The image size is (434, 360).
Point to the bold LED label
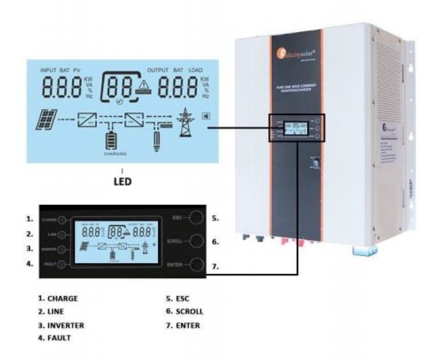coord(123,182)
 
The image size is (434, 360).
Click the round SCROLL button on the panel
coord(197,242)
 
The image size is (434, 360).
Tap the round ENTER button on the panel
coord(197,265)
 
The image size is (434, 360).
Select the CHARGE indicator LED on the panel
coord(63,220)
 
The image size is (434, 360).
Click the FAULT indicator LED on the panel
coord(63,265)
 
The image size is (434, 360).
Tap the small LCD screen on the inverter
coord(295,129)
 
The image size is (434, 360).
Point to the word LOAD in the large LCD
coord(195,70)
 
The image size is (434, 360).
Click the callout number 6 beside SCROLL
coord(215,242)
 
